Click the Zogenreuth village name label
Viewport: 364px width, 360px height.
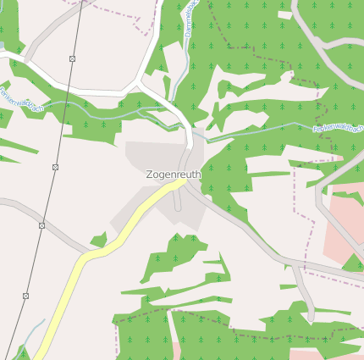click(x=174, y=174)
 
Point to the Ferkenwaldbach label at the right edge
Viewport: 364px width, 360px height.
click(x=338, y=130)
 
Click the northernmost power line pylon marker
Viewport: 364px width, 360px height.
click(x=72, y=58)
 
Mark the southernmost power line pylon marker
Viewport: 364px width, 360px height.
click(x=25, y=296)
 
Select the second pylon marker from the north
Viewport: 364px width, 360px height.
click(x=55, y=167)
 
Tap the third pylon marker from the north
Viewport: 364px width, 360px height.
click(x=41, y=225)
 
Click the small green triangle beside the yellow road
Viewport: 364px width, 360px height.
click(x=99, y=241)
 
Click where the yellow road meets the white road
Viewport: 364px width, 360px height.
click(x=179, y=179)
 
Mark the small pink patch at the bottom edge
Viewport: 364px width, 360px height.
click(x=176, y=350)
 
